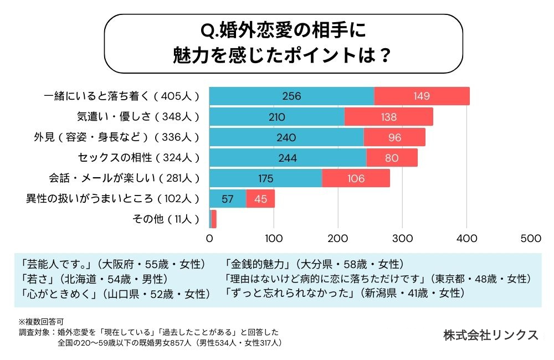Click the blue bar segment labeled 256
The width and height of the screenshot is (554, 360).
[x=291, y=96]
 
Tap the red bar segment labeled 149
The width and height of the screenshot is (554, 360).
[x=422, y=96]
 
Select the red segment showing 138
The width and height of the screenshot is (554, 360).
[x=388, y=117]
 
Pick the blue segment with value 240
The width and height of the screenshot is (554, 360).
[x=286, y=137]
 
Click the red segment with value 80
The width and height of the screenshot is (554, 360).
[x=392, y=158]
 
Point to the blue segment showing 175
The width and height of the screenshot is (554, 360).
[x=265, y=178]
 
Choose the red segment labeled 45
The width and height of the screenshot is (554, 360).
[x=260, y=199]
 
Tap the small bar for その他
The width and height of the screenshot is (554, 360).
[x=213, y=219]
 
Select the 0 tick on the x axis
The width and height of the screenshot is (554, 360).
[x=209, y=238]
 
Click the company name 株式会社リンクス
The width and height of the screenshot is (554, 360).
[x=490, y=335]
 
